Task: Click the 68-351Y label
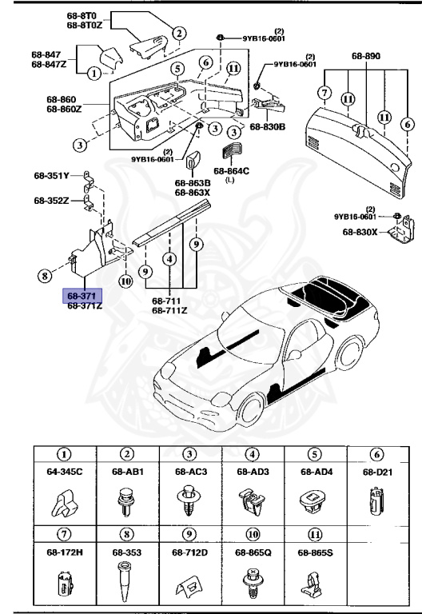[52, 174]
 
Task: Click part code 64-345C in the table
[64, 472]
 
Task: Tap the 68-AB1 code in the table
[127, 472]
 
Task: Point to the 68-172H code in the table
[64, 552]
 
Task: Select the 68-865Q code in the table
[253, 552]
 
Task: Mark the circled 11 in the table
[315, 533]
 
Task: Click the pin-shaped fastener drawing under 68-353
[127, 580]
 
